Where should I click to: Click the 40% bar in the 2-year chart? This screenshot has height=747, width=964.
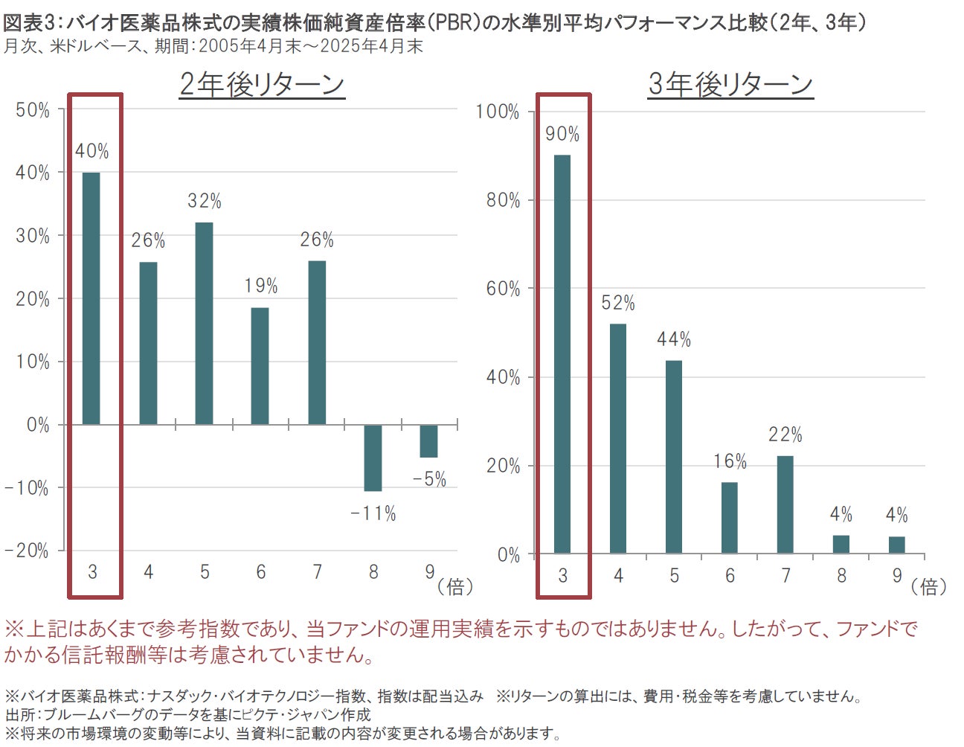point(91,298)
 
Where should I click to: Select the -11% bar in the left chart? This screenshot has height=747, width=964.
point(373,458)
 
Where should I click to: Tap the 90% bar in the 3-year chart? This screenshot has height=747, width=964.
point(562,353)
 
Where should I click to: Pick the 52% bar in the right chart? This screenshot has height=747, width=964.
point(618,438)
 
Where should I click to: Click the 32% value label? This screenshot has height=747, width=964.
point(205,201)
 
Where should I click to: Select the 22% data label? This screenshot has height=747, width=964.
point(785,435)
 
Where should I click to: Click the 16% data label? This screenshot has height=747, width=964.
point(730,462)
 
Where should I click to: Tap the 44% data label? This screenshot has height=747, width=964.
point(674,340)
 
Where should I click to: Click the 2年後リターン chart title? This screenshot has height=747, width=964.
point(262,85)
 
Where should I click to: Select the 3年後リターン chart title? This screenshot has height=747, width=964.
point(730,85)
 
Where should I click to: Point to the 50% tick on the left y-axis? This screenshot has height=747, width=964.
point(33,110)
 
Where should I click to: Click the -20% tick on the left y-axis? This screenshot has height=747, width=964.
point(27,551)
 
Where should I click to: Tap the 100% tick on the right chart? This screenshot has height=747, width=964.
point(498,112)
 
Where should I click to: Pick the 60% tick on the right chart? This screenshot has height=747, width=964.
point(503,289)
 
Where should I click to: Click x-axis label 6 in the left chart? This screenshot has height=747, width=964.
point(261,572)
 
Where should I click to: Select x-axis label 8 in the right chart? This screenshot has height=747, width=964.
point(841,576)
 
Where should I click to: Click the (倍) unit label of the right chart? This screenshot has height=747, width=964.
point(929,587)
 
